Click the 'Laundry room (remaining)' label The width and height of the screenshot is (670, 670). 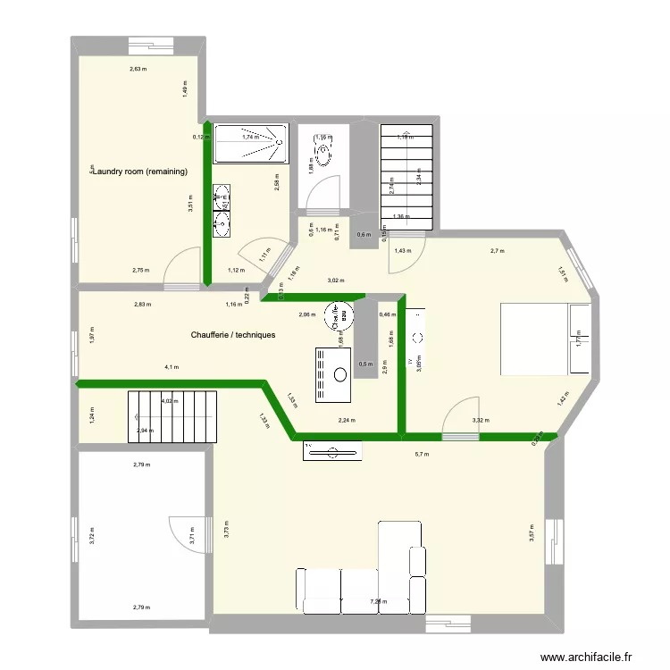(142, 171)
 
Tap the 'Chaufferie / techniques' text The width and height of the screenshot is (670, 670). (232, 335)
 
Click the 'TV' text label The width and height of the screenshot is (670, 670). (411, 363)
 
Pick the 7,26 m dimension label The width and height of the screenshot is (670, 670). (379, 602)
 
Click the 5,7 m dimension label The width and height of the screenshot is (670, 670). (422, 454)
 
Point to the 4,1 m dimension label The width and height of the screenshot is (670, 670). (172, 367)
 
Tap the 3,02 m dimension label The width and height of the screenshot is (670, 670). (336, 281)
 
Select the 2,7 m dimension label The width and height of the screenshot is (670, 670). (498, 251)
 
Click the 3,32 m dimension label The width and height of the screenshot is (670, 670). (481, 420)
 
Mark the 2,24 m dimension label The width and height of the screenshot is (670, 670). (346, 420)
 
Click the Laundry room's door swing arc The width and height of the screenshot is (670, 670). (182, 267)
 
